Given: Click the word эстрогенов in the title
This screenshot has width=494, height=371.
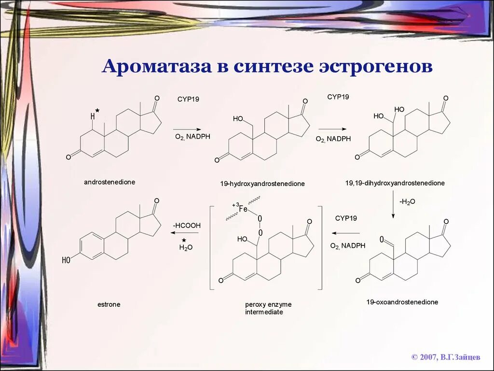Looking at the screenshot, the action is pyautogui.click(x=374, y=66).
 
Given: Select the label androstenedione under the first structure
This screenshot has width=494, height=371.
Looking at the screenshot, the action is pyautogui.click(x=110, y=182).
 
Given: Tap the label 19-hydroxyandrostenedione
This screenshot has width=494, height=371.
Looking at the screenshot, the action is pyautogui.click(x=262, y=184).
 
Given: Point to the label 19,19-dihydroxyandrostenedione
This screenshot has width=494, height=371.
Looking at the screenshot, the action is pyautogui.click(x=395, y=183).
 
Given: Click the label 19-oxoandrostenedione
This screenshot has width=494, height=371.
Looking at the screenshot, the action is pyautogui.click(x=402, y=302).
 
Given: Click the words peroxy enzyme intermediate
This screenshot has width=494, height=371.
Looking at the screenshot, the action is pyautogui.click(x=268, y=308).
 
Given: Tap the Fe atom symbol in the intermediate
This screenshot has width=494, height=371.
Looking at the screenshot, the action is pyautogui.click(x=243, y=209).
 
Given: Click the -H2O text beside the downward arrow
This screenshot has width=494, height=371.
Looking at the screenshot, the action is pyautogui.click(x=407, y=201).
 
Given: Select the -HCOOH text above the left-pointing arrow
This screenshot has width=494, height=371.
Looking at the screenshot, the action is pyautogui.click(x=187, y=226).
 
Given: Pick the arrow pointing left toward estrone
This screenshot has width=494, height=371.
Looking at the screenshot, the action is pyautogui.click(x=184, y=233).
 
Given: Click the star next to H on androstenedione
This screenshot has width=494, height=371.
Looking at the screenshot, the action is pyautogui.click(x=97, y=111).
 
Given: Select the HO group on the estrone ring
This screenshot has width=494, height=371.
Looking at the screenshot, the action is pyautogui.click(x=67, y=260).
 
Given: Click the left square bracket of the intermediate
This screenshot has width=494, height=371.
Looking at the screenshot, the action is pyautogui.click(x=211, y=247).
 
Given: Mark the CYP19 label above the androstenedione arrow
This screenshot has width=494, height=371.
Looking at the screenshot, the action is pyautogui.click(x=188, y=99).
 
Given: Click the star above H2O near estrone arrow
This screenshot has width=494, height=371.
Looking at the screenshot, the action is pyautogui.click(x=183, y=240).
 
